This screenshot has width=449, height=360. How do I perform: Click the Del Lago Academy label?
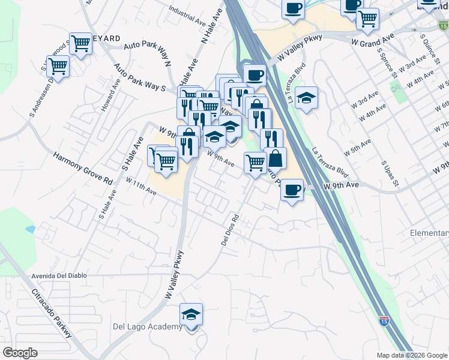tap(147, 326)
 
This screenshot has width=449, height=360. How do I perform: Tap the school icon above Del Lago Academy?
tap(191, 314)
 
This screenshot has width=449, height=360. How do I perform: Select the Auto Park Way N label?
tap(148, 54)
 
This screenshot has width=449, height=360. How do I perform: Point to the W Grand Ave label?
tap(372, 40)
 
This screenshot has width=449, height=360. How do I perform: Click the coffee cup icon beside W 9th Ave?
tap(292, 190)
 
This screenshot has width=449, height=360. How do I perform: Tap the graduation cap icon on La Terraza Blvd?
tap(306, 98)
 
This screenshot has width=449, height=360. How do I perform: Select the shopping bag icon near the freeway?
tap(276, 159)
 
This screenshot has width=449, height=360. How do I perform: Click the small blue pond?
tap(31, 229)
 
